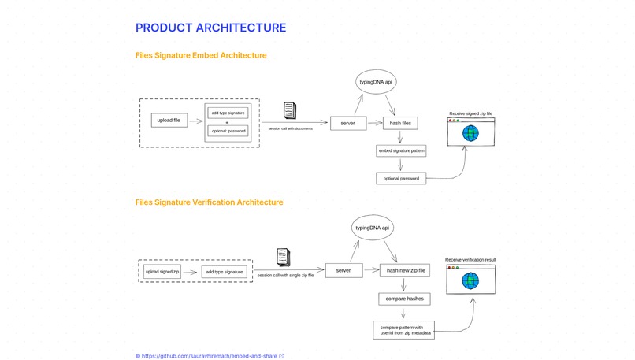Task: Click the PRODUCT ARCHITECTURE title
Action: coord(210,28)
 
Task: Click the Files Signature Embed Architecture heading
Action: coord(201,55)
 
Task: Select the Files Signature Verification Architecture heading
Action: coord(209,202)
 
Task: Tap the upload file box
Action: coord(169,121)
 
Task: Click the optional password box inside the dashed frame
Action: coord(228,131)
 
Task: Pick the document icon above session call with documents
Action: coord(289,110)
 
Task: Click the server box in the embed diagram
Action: coord(347,123)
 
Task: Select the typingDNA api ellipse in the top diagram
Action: coord(376,82)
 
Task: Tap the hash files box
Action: coord(400,123)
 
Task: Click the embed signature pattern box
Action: coord(401,150)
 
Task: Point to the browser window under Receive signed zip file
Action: coord(470,132)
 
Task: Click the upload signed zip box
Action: coord(162,272)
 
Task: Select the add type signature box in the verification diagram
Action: coord(224,272)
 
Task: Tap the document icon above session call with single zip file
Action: coord(283,258)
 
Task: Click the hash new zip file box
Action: coord(405,270)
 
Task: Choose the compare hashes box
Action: coord(404,299)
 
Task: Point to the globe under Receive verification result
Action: coord(470,281)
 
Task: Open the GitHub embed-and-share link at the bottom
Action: coord(210,356)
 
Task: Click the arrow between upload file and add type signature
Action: coord(195,121)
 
